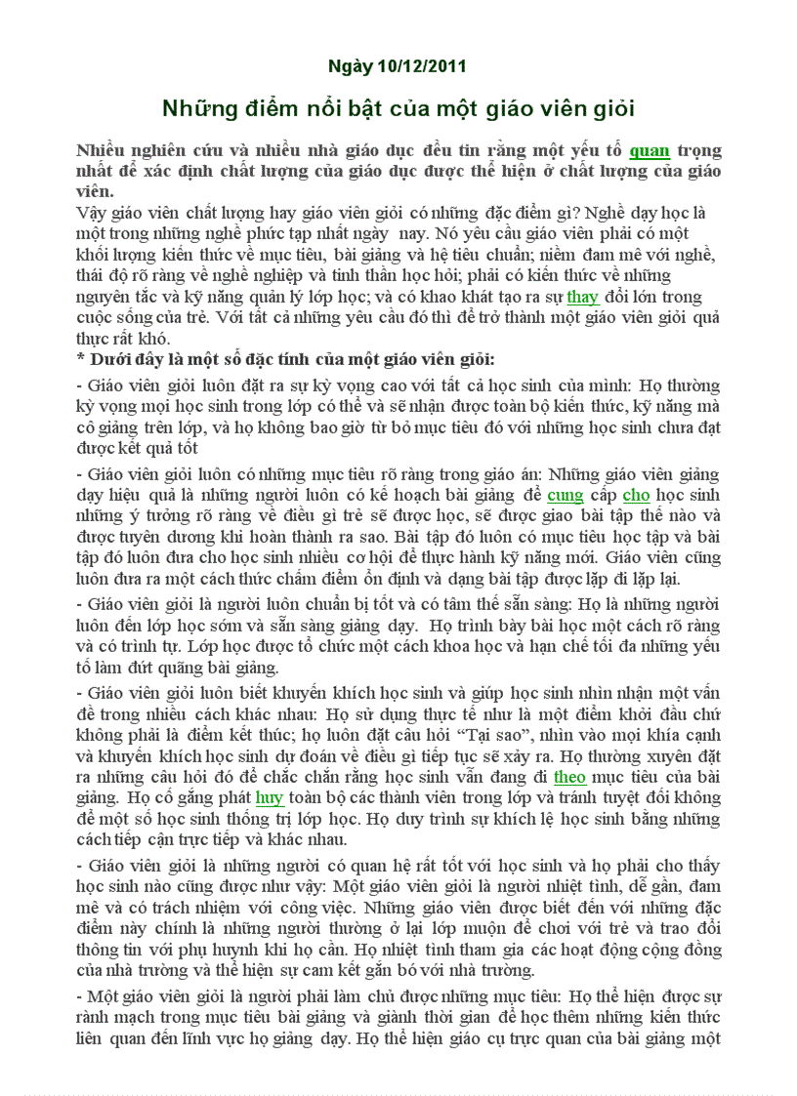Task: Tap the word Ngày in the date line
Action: [x=351, y=66]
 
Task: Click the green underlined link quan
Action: [x=650, y=150]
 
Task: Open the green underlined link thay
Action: [x=582, y=297]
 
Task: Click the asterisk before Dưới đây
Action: [x=80, y=358]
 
